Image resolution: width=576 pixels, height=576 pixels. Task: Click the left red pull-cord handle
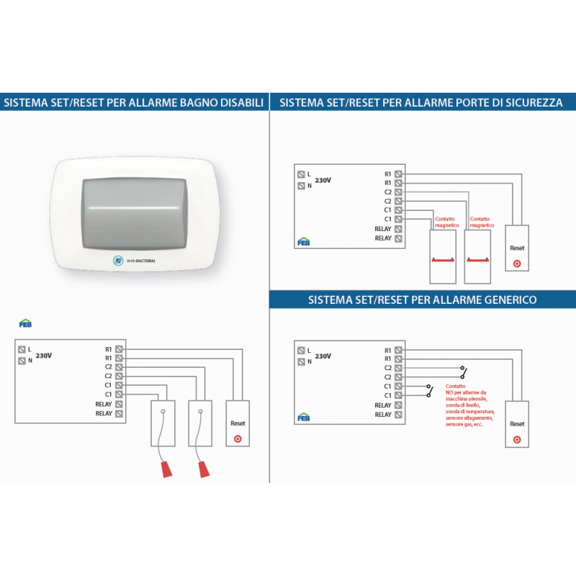point(166,469)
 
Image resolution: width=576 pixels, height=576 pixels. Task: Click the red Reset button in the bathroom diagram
point(238,439)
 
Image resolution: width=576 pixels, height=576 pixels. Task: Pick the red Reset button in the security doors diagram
point(517,264)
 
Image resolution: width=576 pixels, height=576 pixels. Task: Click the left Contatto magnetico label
point(446,222)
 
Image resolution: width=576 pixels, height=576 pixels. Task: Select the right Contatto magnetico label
point(480,222)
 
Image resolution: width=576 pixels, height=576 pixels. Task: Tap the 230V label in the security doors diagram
point(323,180)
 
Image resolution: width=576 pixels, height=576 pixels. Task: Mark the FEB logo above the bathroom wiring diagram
point(24,323)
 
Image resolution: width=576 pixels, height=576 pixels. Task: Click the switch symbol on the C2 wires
point(463,372)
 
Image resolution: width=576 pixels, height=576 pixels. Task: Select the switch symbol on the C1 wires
point(429,391)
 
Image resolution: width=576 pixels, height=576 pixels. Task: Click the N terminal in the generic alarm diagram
point(300,362)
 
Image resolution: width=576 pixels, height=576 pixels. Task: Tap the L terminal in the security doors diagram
point(300,174)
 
